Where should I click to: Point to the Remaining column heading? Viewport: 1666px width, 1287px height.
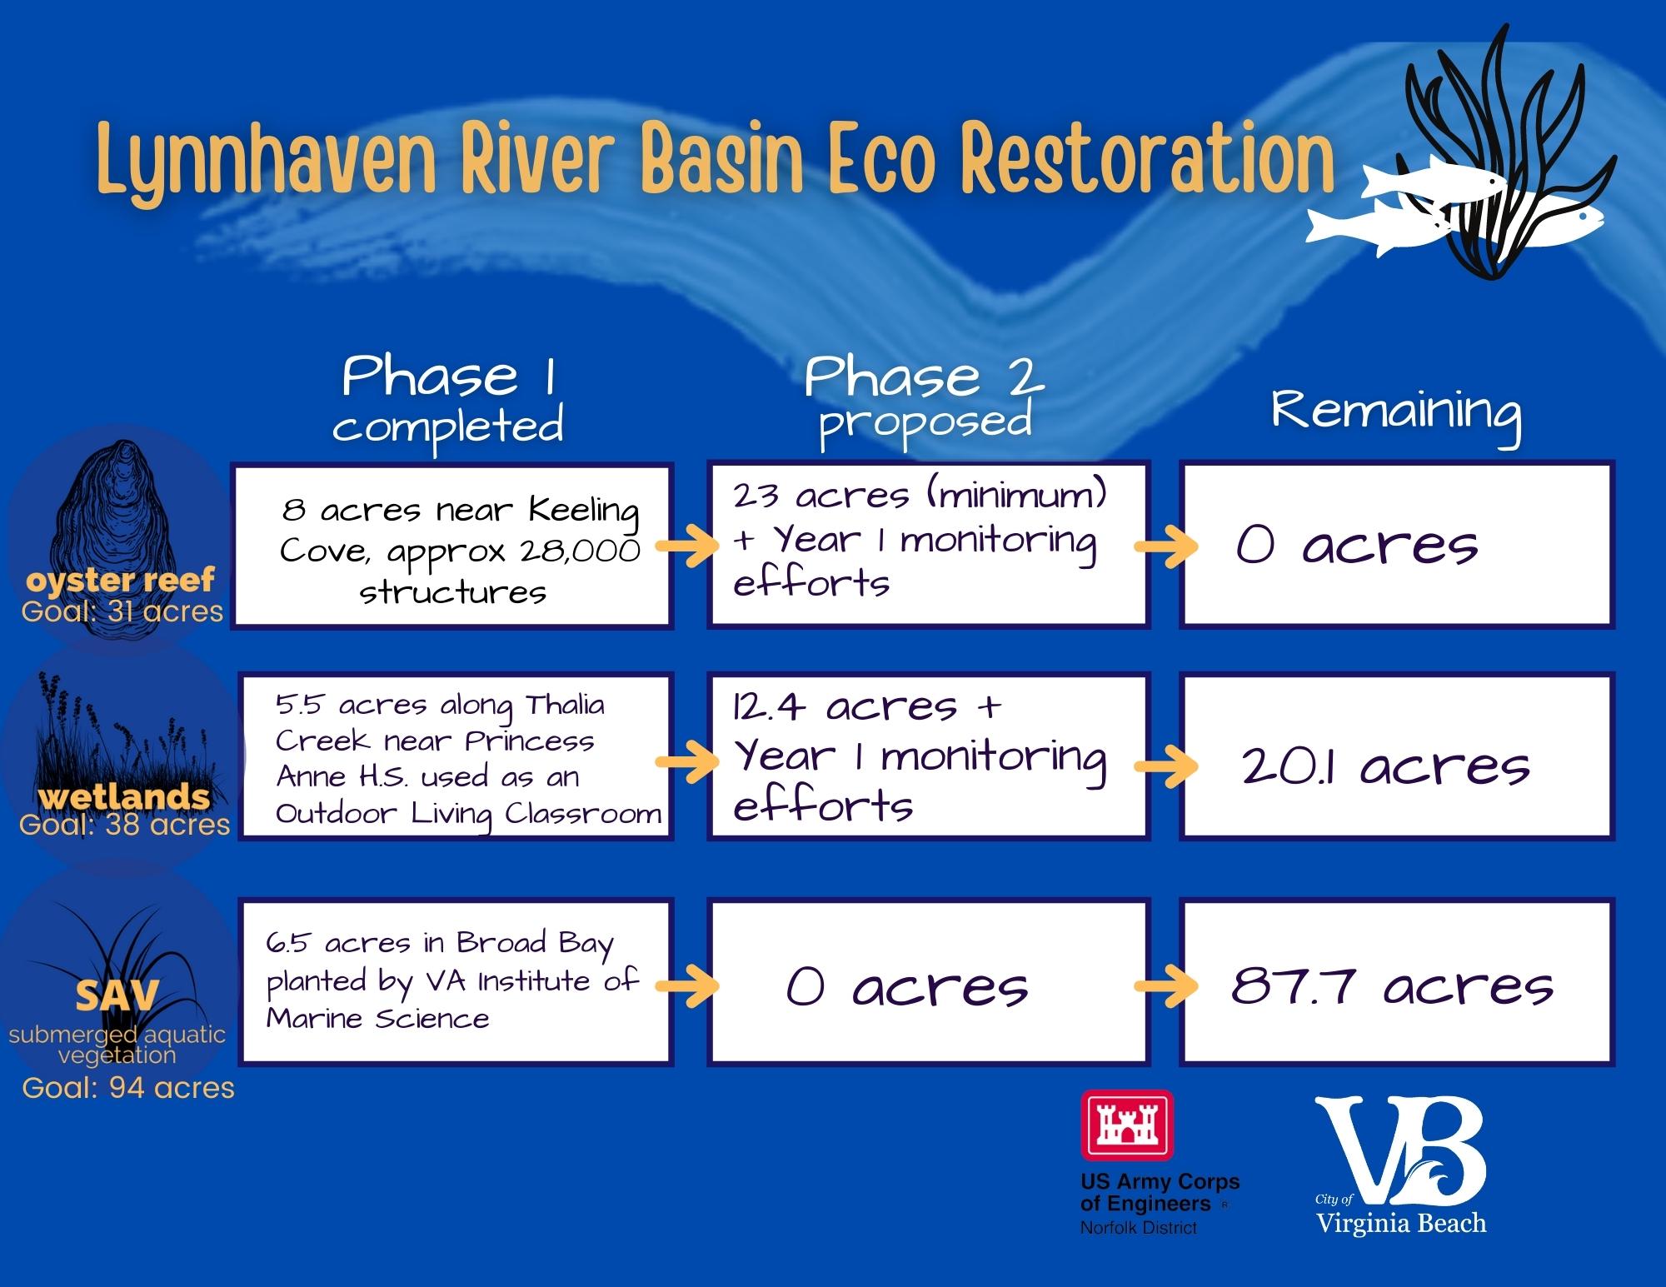tap(1396, 412)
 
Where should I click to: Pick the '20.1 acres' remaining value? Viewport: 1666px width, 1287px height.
tap(1385, 766)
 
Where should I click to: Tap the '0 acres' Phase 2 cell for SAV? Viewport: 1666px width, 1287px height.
tap(906, 987)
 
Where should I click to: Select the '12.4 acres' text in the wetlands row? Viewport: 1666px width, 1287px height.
tap(845, 707)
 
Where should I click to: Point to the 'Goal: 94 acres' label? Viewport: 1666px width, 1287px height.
tap(128, 1088)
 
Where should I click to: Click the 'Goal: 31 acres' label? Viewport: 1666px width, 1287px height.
tap(122, 611)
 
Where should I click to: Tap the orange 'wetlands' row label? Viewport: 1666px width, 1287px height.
tap(124, 797)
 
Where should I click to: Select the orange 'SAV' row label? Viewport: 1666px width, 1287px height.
tap(116, 995)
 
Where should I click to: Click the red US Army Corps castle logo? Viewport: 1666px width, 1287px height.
tap(1126, 1125)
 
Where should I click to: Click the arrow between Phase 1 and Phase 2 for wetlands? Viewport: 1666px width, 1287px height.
tap(687, 762)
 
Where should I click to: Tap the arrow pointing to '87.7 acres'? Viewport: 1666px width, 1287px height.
tap(1165, 986)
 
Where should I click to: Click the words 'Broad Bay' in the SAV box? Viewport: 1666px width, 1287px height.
tap(535, 943)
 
